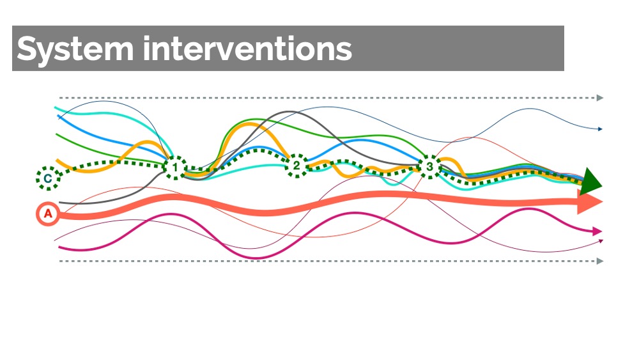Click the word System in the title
tap(75, 49)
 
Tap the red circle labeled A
tap(48, 214)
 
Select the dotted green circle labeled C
tap(48, 178)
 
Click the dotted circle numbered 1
tap(175, 168)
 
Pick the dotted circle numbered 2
tap(296, 166)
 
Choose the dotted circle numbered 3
tap(429, 167)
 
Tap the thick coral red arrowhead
tap(590, 202)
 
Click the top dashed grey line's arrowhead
tap(600, 98)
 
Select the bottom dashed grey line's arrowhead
tap(600, 261)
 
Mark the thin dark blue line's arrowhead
tap(600, 129)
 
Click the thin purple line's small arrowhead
tap(601, 241)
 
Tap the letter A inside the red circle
tap(48, 214)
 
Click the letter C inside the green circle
tap(48, 178)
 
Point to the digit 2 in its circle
tap(296, 166)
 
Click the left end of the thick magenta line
tap(59, 247)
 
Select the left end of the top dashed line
tap(59, 98)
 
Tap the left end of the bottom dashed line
tap(59, 261)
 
